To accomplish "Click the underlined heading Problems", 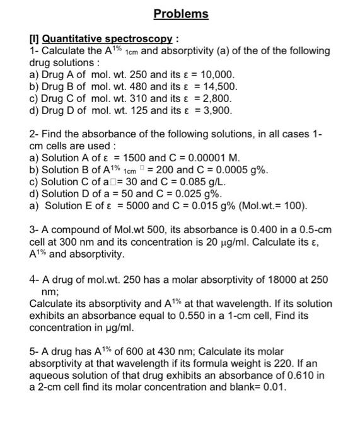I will tap(181, 13).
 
